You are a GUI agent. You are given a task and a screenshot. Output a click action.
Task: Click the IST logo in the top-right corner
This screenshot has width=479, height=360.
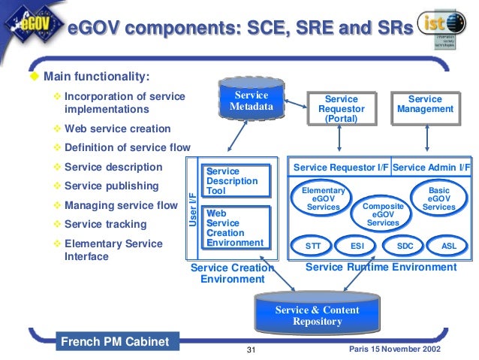(444, 27)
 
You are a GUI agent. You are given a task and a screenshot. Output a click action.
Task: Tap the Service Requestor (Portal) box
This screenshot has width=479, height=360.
(341, 109)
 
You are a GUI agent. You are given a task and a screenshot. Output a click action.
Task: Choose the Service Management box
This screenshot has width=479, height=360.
(425, 104)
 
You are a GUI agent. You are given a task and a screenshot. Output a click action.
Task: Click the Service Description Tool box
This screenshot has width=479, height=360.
(236, 181)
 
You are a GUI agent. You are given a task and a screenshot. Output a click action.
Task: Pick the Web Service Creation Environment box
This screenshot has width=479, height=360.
(236, 228)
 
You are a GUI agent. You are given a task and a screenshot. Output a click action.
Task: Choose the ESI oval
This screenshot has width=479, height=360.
(357, 245)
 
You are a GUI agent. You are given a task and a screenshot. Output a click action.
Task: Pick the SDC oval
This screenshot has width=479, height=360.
(405, 245)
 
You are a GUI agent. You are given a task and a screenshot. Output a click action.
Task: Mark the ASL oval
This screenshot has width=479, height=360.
(449, 245)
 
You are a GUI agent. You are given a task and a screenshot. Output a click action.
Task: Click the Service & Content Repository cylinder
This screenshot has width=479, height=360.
(316, 314)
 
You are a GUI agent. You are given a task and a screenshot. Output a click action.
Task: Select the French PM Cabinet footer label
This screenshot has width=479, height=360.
(114, 342)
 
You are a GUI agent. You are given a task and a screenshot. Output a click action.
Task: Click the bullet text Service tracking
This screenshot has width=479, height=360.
(104, 224)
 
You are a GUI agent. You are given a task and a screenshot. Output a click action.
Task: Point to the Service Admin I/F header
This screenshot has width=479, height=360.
(432, 167)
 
